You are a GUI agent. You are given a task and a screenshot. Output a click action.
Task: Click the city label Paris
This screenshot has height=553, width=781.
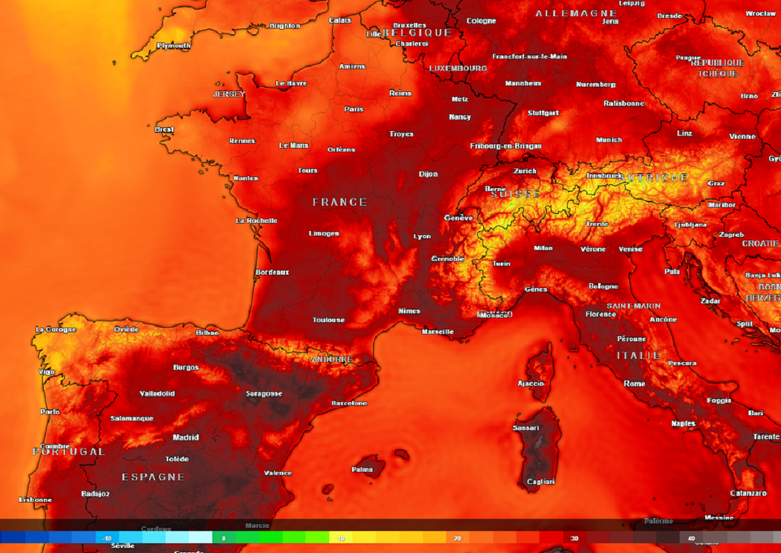click(x=353, y=109)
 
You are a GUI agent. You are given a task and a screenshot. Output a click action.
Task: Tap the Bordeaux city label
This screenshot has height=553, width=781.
click(x=272, y=272)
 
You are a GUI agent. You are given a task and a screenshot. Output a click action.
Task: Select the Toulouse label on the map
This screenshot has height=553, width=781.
click(x=328, y=320)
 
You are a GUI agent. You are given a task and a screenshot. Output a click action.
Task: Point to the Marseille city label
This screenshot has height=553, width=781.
click(x=438, y=331)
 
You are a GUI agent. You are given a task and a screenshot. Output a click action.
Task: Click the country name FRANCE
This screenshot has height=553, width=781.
click(x=339, y=203)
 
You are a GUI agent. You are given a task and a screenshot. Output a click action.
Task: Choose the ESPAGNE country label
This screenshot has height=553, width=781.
click(x=153, y=477)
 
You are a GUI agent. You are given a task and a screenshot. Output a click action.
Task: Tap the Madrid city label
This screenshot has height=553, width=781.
click(x=185, y=438)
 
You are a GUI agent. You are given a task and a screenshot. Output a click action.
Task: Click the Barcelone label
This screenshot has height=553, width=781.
click(x=349, y=403)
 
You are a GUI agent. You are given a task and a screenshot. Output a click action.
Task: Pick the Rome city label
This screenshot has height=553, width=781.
click(x=635, y=384)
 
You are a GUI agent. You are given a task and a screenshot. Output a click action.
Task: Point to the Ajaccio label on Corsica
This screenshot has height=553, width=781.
click(x=532, y=383)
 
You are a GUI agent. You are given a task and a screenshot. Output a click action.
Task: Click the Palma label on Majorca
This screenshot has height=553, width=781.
click(x=362, y=469)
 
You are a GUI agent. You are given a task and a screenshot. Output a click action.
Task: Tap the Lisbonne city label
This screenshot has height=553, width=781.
click(x=35, y=500)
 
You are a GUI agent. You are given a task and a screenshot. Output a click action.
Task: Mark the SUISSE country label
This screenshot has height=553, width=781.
click(x=515, y=194)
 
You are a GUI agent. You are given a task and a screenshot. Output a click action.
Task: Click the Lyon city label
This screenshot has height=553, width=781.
click(x=422, y=237)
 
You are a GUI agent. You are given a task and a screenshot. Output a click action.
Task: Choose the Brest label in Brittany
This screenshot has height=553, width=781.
click(x=164, y=129)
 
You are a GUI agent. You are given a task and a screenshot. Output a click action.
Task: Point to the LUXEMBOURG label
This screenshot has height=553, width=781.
click(x=458, y=69)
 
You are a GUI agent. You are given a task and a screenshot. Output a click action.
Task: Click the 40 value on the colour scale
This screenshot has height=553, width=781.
click(x=691, y=539)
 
